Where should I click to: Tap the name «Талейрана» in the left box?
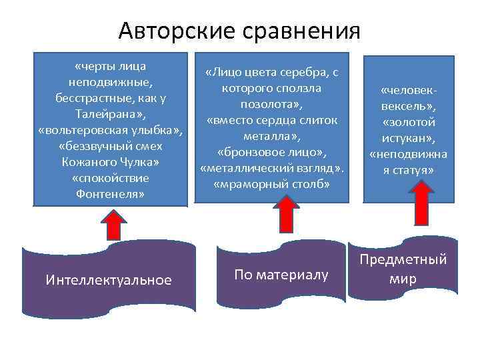click(x=108, y=115)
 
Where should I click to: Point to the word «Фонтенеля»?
click(x=111, y=195)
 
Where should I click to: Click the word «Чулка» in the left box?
click(x=143, y=163)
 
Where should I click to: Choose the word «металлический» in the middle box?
click(x=253, y=168)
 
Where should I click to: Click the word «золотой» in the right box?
click(x=409, y=122)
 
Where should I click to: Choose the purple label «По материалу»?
click(x=281, y=274)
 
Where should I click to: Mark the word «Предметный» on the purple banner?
click(x=402, y=260)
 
